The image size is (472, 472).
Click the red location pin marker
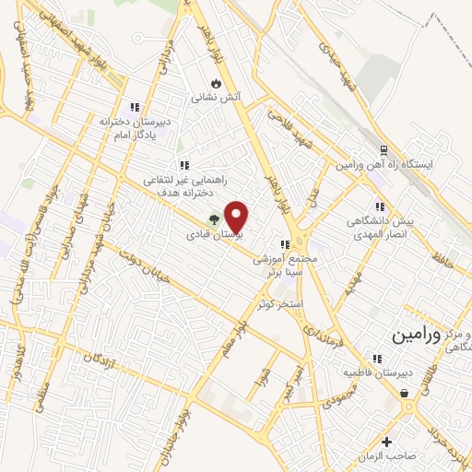coord(238,217)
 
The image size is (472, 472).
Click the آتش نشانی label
coord(210,96)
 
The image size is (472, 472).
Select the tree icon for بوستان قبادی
coord(213,220)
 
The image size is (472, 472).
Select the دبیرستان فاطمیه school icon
coord(376,359)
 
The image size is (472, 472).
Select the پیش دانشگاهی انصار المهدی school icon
coord(378,207)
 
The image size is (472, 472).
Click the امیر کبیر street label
coord(294,377)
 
